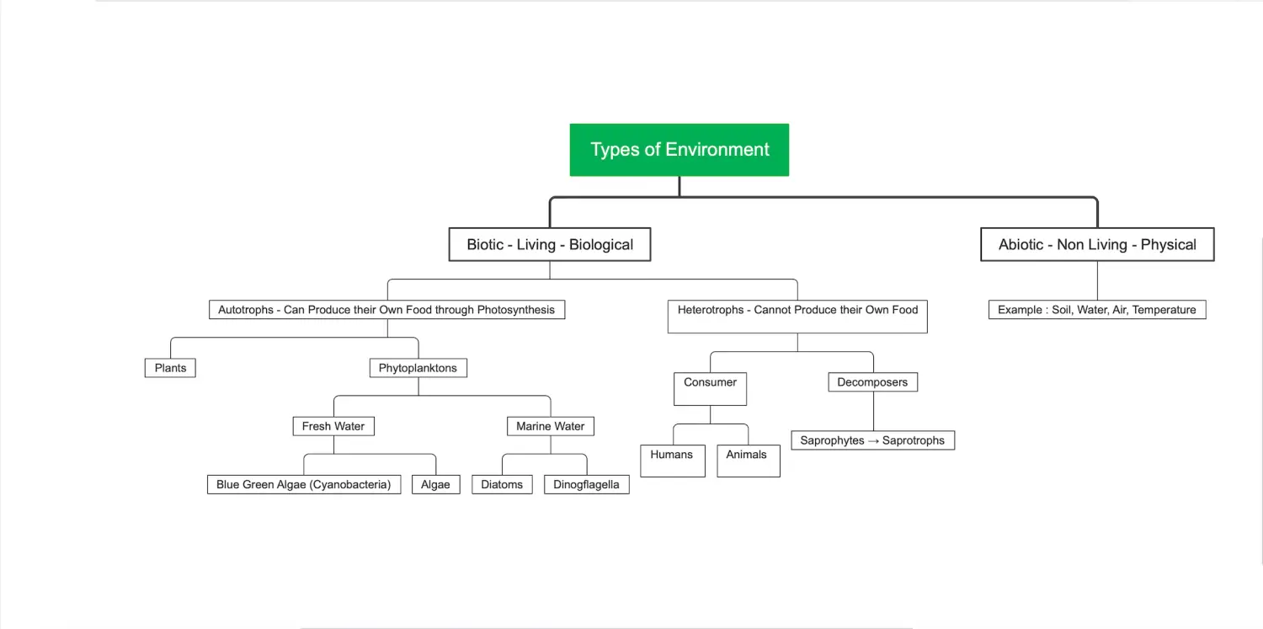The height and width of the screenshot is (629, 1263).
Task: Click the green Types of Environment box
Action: click(x=679, y=150)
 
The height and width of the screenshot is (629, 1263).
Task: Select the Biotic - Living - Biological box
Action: click(x=550, y=244)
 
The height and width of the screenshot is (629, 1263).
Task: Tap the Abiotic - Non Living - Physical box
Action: click(x=1097, y=244)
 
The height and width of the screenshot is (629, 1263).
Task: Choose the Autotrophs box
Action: click(x=386, y=310)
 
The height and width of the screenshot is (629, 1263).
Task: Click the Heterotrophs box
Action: click(x=797, y=317)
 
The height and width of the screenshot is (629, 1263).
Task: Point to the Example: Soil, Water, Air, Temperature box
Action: click(x=1097, y=310)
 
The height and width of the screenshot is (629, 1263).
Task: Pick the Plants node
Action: click(x=170, y=368)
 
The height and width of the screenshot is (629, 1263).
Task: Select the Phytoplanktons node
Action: click(x=418, y=368)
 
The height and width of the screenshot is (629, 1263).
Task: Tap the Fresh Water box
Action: click(x=333, y=427)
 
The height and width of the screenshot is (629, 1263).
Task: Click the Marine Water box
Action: click(x=551, y=427)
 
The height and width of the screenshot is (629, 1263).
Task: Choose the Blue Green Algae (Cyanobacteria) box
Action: click(x=304, y=485)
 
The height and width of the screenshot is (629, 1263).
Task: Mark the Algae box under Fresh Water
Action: click(x=436, y=485)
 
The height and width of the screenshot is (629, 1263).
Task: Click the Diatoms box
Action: click(x=502, y=485)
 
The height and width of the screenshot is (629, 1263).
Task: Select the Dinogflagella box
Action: click(x=586, y=485)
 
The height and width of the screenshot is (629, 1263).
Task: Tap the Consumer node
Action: click(x=710, y=389)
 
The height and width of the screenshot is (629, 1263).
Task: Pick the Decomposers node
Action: click(x=873, y=382)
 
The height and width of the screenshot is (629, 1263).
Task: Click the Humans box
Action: click(x=673, y=461)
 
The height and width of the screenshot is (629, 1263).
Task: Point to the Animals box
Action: click(x=749, y=461)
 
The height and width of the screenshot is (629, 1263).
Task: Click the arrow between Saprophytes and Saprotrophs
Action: click(x=873, y=441)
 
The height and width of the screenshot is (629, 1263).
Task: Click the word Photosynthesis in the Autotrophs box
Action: click(x=516, y=310)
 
